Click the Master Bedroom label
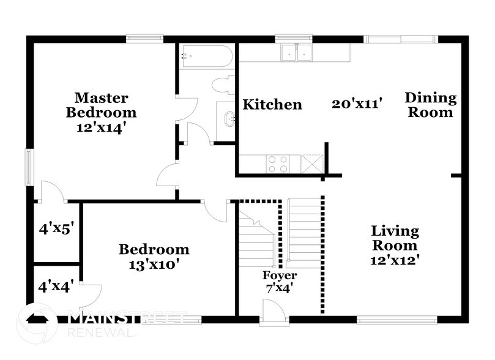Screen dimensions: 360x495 click(102, 105)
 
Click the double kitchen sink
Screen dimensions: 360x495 click(297, 53)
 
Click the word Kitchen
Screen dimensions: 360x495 click(272, 105)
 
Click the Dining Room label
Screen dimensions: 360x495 click(431, 105)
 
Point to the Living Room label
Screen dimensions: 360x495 click(395, 238)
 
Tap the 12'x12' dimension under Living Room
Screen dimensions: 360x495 click(395, 260)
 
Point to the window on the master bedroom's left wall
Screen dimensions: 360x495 click(28, 166)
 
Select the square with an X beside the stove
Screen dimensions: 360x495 click(313, 164)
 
